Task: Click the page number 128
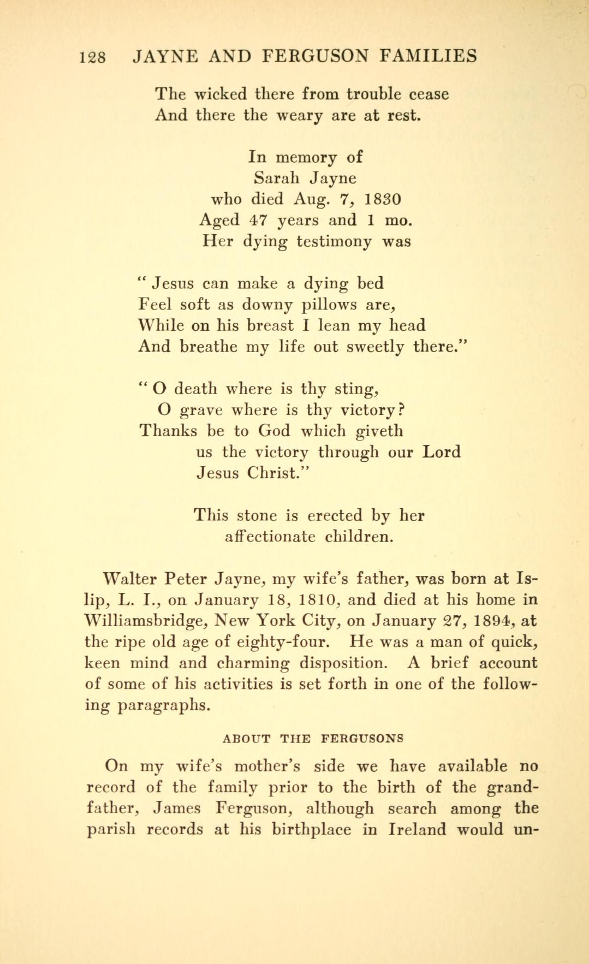point(93,57)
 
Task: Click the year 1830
point(382,199)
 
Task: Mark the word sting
point(356,389)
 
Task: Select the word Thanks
point(168,431)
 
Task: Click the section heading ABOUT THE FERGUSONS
point(313,739)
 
